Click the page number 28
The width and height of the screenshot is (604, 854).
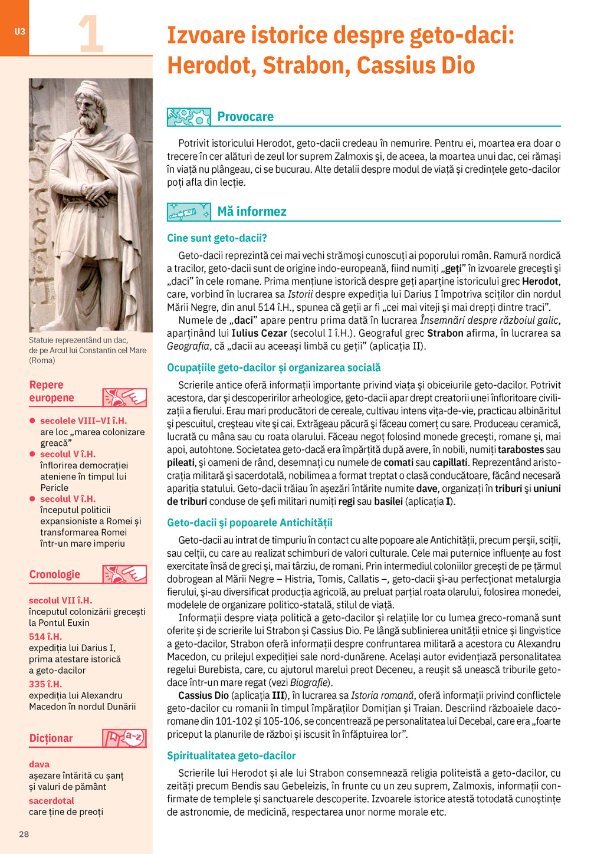tap(24, 834)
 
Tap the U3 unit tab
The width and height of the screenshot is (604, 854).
tap(19, 31)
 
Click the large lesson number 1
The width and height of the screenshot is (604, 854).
tap(91, 35)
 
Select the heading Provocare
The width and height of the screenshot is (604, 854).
tap(245, 117)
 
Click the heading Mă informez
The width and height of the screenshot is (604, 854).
tap(252, 212)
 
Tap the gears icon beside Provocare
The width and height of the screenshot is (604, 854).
tap(189, 117)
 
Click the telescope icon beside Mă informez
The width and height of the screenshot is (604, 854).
tap(189, 212)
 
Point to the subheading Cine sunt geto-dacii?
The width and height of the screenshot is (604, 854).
tap(217, 238)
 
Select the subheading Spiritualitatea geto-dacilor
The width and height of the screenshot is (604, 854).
tap(231, 756)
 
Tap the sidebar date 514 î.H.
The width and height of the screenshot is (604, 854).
tap(45, 636)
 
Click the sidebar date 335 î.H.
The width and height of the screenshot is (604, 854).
tap(45, 684)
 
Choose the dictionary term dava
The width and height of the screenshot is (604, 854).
tap(39, 764)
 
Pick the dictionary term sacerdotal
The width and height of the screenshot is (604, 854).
tap(51, 801)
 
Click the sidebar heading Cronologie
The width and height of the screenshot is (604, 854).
tap(55, 574)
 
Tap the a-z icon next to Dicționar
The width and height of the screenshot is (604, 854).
tap(124, 738)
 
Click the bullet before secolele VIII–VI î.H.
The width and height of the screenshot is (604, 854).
tap(33, 421)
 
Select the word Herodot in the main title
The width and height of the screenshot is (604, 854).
tap(209, 65)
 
